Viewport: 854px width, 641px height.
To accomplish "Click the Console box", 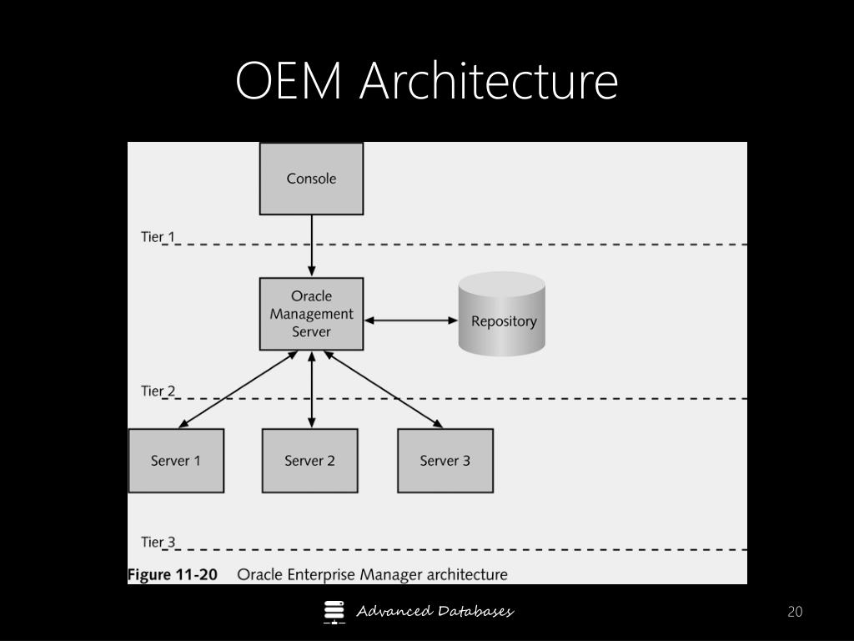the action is tap(312, 179).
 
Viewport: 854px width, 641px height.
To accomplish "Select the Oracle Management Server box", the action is tap(312, 314).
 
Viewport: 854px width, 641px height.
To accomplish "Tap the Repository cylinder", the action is tap(501, 314).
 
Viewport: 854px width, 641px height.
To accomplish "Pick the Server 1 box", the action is tap(176, 461).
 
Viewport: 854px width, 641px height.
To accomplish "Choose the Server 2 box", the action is tap(310, 461).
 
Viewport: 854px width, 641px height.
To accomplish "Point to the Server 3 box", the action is tap(445, 461).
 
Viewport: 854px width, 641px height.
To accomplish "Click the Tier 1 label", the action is tap(158, 237).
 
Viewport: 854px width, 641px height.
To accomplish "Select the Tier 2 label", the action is tap(158, 391).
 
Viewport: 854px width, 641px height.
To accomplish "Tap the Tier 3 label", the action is tap(158, 542).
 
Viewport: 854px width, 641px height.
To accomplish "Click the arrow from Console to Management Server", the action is tap(312, 245).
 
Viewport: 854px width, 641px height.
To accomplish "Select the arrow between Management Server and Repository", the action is tap(410, 320).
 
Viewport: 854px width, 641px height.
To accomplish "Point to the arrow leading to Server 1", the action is tap(238, 389).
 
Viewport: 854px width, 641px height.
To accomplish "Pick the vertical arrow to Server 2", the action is tap(312, 389).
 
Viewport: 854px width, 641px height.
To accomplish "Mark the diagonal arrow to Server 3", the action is tap(384, 389).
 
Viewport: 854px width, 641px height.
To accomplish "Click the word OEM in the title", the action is tap(289, 81).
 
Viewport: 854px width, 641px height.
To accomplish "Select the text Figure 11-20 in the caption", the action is tap(172, 574).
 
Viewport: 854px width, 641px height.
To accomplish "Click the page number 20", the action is tap(795, 612).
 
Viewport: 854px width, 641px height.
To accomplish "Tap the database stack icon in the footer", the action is tap(334, 612).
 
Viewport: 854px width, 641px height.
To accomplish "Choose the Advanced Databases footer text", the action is tap(435, 612).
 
